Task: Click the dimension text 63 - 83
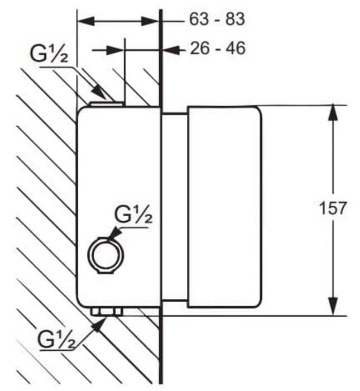pos(217,20)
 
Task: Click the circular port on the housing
pos(103,254)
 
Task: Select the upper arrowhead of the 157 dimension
pos(333,112)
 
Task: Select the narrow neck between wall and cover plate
pos(174,207)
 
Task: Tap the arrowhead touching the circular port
pos(112,236)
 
